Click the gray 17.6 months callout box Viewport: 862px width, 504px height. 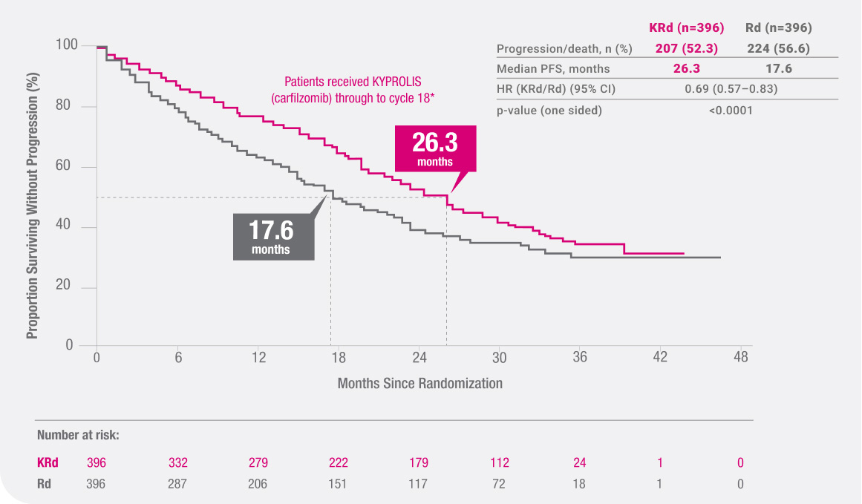(x=271, y=237)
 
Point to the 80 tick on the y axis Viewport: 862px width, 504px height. (x=66, y=107)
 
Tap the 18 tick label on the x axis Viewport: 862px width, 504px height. (x=338, y=357)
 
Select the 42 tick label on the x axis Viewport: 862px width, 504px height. (x=660, y=357)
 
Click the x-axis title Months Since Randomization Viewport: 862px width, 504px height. (x=419, y=384)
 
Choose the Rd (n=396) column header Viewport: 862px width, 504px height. (x=778, y=28)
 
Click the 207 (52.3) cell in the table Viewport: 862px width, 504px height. (x=685, y=49)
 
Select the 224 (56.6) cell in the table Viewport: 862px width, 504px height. (x=778, y=49)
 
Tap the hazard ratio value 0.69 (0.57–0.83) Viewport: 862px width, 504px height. (x=731, y=90)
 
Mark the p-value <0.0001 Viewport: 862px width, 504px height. (x=731, y=111)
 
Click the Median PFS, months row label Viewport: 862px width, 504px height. (x=553, y=69)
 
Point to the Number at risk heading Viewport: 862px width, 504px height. (x=78, y=436)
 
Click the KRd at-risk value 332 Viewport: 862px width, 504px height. (x=178, y=463)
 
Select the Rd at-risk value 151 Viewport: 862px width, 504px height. (x=339, y=484)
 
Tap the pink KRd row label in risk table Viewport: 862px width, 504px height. (x=48, y=463)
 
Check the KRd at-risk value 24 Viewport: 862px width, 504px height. (x=580, y=463)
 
